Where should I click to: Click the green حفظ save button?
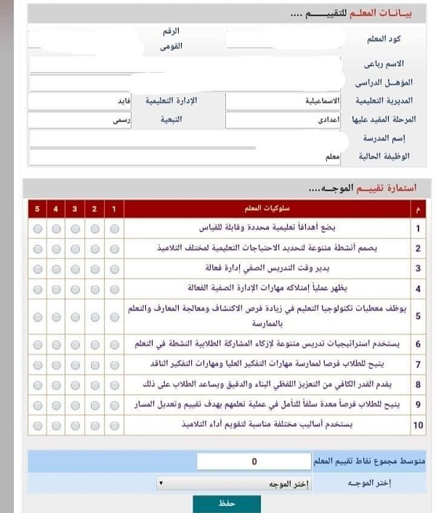point(217,504)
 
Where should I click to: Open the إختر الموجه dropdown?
point(233,483)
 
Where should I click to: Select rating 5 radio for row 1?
point(37,229)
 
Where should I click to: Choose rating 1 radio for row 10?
point(113,425)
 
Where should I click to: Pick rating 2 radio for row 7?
point(94,363)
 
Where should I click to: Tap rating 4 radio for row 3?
point(56,268)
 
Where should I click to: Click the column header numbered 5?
point(37,210)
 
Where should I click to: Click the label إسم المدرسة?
point(384,138)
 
